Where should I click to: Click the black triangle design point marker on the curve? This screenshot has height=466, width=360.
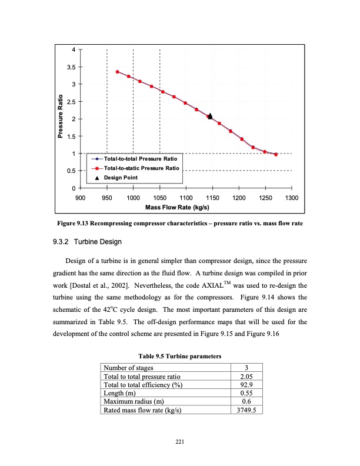point(210,116)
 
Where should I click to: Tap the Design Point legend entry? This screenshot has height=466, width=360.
point(120,178)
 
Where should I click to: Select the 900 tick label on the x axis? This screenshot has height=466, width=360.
point(81,198)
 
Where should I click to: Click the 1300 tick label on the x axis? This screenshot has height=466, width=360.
point(291,198)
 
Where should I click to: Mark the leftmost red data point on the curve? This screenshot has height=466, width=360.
point(118,72)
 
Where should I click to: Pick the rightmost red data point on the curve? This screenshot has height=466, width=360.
point(276,155)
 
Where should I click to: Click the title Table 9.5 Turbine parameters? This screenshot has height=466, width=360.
point(179,356)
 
